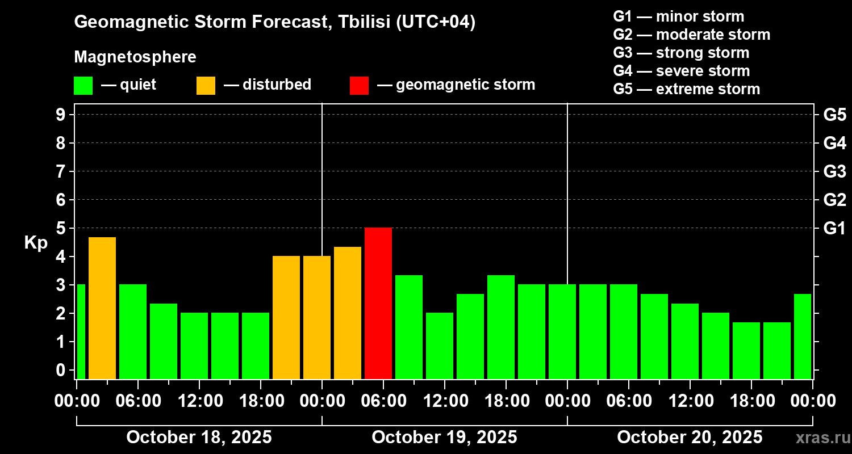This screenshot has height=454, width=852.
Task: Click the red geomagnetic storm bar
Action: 378,303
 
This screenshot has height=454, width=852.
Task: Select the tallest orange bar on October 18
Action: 102,308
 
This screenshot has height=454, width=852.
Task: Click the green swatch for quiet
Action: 83,86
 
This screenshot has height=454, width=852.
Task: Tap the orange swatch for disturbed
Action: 206,86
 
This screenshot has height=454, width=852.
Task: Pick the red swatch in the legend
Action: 359,86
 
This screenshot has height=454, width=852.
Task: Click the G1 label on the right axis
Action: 834,229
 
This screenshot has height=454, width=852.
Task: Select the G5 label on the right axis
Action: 834,115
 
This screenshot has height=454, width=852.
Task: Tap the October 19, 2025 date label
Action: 444,438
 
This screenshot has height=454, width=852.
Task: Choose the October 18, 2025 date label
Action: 199,438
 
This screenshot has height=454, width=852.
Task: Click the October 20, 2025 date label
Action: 690,438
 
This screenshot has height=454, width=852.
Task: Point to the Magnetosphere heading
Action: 135,57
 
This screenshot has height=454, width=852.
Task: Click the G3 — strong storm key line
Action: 681,53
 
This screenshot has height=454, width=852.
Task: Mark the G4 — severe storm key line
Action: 682,71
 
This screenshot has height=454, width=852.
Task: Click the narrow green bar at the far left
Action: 81,331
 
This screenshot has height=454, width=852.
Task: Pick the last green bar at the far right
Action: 802,336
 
